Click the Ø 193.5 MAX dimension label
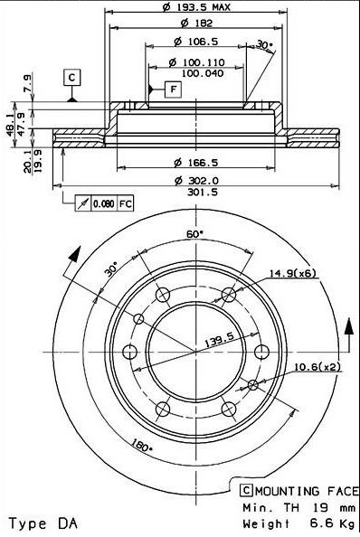click(196, 6)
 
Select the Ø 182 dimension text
click(196, 23)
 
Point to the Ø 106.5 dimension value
click(195, 42)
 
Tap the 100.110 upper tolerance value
click(203, 62)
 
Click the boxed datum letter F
click(174, 89)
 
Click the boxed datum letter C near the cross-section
click(71, 78)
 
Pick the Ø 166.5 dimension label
click(196, 163)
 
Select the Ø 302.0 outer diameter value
click(196, 180)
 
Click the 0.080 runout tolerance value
click(104, 203)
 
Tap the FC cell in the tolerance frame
click(125, 203)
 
